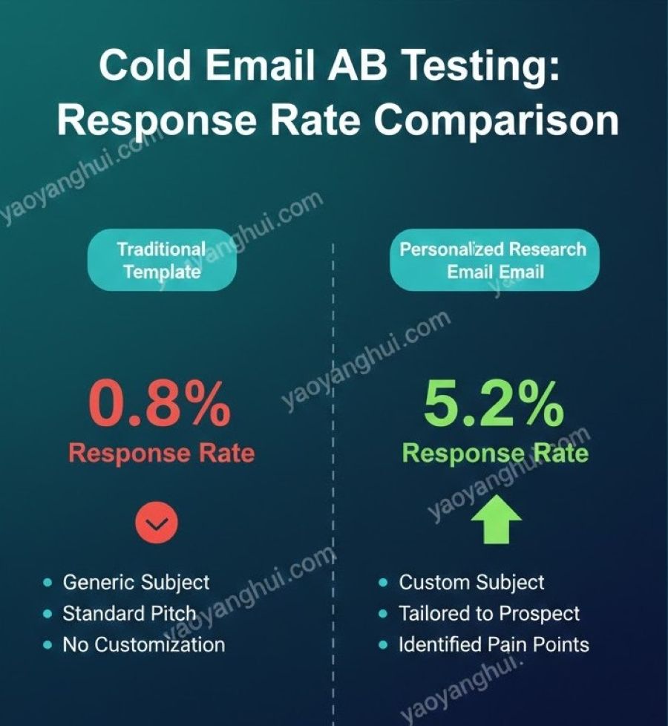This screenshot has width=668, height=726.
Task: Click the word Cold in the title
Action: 145,65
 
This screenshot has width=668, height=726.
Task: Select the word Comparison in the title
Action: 496,120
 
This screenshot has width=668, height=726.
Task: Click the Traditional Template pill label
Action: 162,260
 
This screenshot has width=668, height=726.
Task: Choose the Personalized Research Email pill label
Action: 494,260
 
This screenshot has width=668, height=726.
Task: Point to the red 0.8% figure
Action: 160,403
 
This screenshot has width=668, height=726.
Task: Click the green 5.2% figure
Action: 494,403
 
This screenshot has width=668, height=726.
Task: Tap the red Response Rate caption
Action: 162,452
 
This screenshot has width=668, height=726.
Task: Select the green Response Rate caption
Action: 495,452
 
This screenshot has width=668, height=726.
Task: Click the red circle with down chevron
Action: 157,523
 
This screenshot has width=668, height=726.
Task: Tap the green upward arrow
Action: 497,519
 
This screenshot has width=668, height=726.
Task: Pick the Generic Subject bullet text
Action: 136,583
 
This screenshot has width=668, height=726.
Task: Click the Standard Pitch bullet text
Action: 130,614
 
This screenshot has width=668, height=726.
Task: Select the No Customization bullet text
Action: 144,644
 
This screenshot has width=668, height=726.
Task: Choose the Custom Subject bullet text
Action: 472,583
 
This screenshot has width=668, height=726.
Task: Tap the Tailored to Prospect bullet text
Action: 489,614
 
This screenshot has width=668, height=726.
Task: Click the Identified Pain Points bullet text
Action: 494,644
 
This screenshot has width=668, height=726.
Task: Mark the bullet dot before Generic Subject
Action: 48,583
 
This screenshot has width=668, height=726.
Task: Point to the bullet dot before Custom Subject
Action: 383,583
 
